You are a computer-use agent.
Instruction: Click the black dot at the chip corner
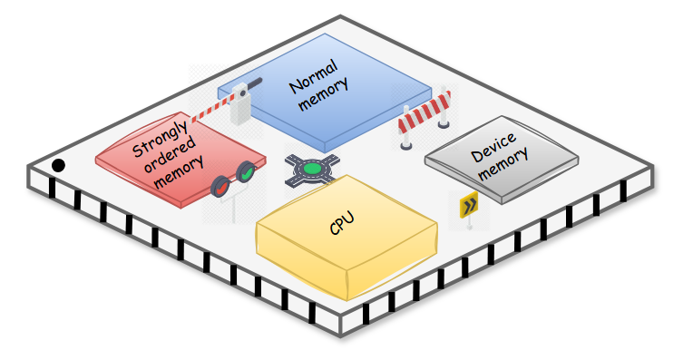[x=58, y=165]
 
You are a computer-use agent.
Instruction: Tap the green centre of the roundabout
[x=314, y=168]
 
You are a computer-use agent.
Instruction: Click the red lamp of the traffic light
[x=220, y=187]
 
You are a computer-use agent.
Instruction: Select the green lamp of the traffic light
[x=244, y=173]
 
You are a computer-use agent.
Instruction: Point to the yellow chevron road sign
[x=469, y=207]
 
